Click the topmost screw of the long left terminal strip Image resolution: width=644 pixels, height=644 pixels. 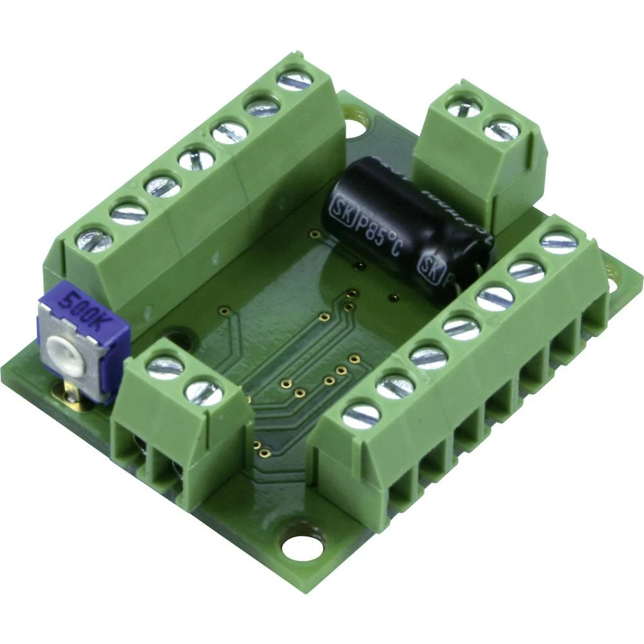click(294, 82)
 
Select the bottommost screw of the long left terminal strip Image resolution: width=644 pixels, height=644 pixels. click(95, 240)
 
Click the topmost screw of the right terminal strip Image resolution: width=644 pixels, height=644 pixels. click(558, 242)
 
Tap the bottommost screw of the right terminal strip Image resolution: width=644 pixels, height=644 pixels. click(361, 415)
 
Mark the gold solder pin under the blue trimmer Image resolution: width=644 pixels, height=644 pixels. click(70, 391)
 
